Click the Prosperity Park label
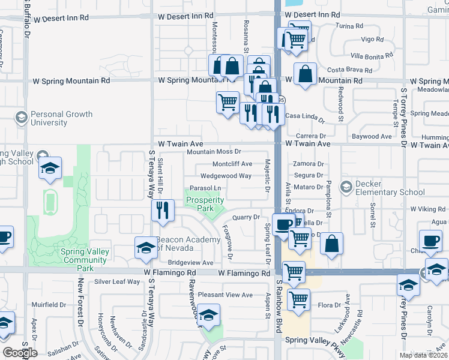(205, 204)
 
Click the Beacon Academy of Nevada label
(187, 244)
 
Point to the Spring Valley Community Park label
(85, 256)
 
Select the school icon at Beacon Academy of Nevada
(146, 248)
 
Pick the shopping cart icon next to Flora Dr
(298, 299)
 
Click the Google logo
(20, 353)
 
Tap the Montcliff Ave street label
(232, 164)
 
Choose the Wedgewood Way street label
(226, 176)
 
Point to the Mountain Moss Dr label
(213, 152)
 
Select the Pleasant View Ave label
(226, 295)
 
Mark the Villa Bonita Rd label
(372, 55)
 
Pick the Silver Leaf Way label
(117, 281)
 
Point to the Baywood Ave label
(371, 137)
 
